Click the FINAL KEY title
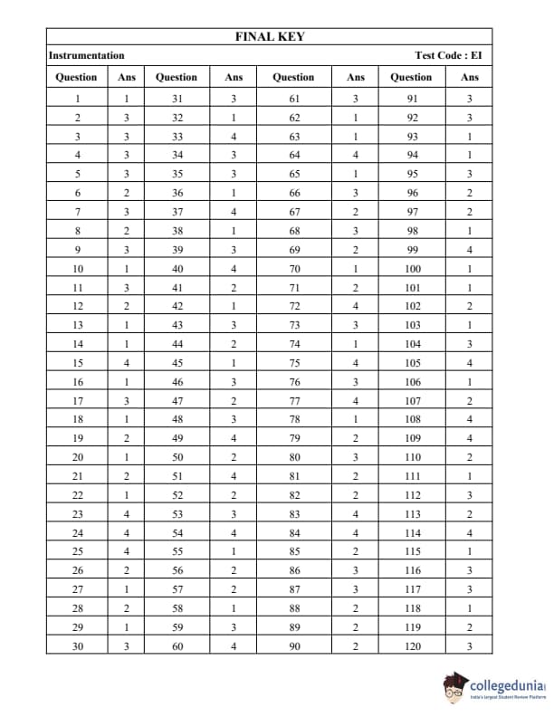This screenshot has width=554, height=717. (270, 37)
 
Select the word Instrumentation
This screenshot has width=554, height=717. (87, 56)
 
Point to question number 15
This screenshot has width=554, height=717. (77, 363)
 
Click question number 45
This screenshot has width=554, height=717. (177, 363)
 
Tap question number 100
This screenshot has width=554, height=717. (413, 269)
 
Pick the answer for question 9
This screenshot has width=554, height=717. (127, 250)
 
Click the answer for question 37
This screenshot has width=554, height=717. (234, 212)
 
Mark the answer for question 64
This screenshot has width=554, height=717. (356, 156)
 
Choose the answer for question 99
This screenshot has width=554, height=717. (470, 250)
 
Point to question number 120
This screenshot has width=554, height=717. (413, 645)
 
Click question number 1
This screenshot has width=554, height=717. (77, 99)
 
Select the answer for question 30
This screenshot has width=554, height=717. (127, 645)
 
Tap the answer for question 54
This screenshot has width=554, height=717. (234, 532)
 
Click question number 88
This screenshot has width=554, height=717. (294, 607)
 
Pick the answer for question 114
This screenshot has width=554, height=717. (470, 532)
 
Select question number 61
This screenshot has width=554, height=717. (294, 99)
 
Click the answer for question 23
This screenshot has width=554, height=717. (127, 513)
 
